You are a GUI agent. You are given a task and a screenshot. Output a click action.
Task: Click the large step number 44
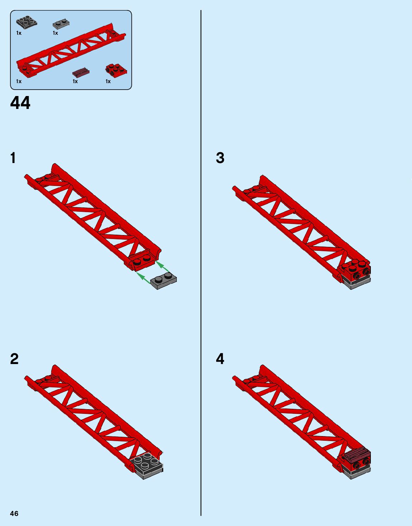(20, 103)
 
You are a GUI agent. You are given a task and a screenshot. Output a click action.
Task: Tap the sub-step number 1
(13, 158)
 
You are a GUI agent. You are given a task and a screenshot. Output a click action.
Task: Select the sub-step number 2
(14, 359)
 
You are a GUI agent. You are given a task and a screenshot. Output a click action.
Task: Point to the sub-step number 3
(220, 158)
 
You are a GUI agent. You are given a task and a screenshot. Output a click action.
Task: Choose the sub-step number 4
(220, 359)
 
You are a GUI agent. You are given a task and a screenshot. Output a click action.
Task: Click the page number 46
(14, 514)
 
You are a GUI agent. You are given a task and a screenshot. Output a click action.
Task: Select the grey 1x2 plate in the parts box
(62, 24)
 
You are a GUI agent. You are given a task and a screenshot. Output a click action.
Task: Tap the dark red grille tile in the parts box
(81, 72)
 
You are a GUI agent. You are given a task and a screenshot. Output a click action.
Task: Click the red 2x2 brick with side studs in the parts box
(116, 71)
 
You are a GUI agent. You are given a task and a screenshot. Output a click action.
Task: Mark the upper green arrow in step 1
(163, 266)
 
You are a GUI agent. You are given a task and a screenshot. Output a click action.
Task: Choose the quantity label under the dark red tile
(75, 82)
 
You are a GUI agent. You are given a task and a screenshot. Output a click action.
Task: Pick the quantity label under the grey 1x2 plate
(55, 33)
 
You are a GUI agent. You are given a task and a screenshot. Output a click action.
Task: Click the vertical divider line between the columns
(201, 263)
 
